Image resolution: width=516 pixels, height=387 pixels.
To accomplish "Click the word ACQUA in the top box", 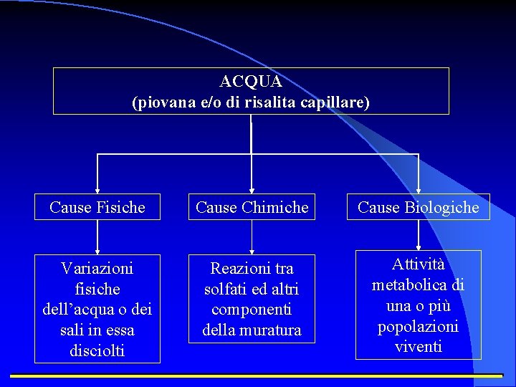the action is [251, 81].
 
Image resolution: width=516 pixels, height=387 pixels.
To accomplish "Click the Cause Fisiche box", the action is [97, 208].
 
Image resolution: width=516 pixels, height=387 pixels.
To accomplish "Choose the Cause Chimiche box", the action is [252, 208].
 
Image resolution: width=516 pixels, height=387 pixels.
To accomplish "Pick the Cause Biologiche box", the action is [419, 208].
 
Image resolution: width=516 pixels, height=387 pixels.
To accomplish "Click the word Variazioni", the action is [97, 268].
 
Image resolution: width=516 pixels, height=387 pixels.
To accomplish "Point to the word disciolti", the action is [97, 351].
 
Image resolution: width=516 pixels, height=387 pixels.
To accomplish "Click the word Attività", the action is [419, 264].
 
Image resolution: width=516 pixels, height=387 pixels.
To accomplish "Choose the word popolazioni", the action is [419, 326].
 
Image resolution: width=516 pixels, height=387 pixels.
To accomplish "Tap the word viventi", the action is [419, 347].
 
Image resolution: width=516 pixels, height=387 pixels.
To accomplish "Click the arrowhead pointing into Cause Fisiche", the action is [97, 189].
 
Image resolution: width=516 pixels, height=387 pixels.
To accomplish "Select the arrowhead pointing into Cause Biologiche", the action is [419, 189].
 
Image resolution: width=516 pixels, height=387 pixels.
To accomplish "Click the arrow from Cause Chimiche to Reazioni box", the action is [252, 236].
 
